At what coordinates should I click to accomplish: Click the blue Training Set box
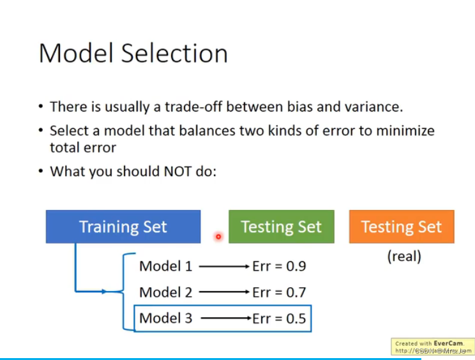(123, 227)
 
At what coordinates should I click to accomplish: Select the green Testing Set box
(281, 227)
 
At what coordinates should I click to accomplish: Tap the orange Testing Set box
(401, 227)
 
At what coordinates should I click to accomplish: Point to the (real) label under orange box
(404, 257)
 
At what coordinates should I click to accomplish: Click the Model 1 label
(165, 266)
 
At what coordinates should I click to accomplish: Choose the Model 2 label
(165, 292)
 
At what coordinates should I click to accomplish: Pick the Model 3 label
(165, 318)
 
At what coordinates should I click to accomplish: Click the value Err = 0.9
(279, 266)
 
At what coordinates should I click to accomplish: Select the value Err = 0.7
(279, 292)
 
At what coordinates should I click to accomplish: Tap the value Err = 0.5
(279, 318)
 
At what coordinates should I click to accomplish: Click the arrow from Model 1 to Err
(223, 267)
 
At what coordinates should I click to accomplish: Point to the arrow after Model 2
(223, 293)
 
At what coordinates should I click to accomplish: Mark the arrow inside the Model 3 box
(223, 318)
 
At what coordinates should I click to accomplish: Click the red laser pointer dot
(218, 237)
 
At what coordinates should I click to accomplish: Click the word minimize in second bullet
(406, 131)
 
